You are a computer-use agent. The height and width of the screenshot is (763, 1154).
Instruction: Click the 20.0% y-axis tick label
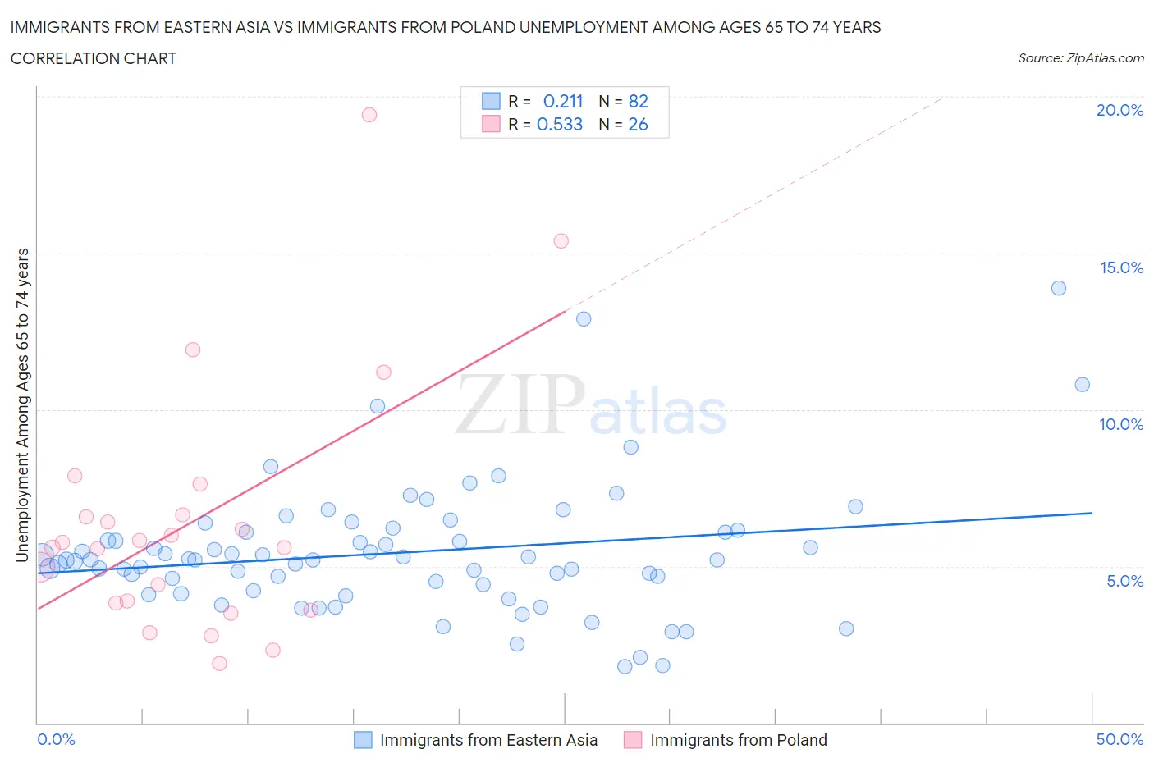tap(1120, 110)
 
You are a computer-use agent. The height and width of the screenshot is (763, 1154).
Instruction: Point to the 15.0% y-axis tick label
tap(1121, 267)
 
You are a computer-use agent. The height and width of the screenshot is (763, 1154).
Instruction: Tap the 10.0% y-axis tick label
tap(1121, 424)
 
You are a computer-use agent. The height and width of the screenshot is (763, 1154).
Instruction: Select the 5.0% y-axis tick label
tap(1124, 581)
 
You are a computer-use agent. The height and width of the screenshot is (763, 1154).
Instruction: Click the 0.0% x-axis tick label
tap(56, 739)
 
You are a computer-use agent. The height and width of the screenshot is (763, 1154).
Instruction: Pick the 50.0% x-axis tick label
tap(1120, 739)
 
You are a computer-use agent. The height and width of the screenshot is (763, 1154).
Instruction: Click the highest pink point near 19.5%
tap(369, 115)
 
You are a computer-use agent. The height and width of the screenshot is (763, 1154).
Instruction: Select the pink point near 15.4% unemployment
tap(561, 241)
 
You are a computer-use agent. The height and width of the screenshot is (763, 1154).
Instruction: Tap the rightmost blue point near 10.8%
tap(1082, 385)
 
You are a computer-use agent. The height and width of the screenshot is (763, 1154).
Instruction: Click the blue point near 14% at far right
tap(1059, 288)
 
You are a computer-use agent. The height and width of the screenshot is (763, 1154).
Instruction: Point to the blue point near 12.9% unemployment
tap(584, 319)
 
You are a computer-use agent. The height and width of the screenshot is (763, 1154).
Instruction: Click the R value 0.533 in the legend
tap(559, 124)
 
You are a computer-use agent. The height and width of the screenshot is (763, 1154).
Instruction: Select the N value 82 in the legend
tap(638, 101)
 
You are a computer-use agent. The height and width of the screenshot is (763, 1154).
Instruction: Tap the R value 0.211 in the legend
tap(562, 101)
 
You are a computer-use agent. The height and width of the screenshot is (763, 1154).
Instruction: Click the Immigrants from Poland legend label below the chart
tap(738, 740)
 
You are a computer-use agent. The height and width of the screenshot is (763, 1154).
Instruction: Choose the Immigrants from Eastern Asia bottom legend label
tap(488, 740)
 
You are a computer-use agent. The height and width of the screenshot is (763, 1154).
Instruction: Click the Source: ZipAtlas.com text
tap(1080, 58)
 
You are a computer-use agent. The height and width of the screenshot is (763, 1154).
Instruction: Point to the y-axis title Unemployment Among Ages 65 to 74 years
tap(22, 404)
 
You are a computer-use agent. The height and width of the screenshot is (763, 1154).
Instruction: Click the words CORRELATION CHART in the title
tap(94, 58)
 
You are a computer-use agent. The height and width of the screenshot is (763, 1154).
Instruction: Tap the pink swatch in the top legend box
tap(491, 124)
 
